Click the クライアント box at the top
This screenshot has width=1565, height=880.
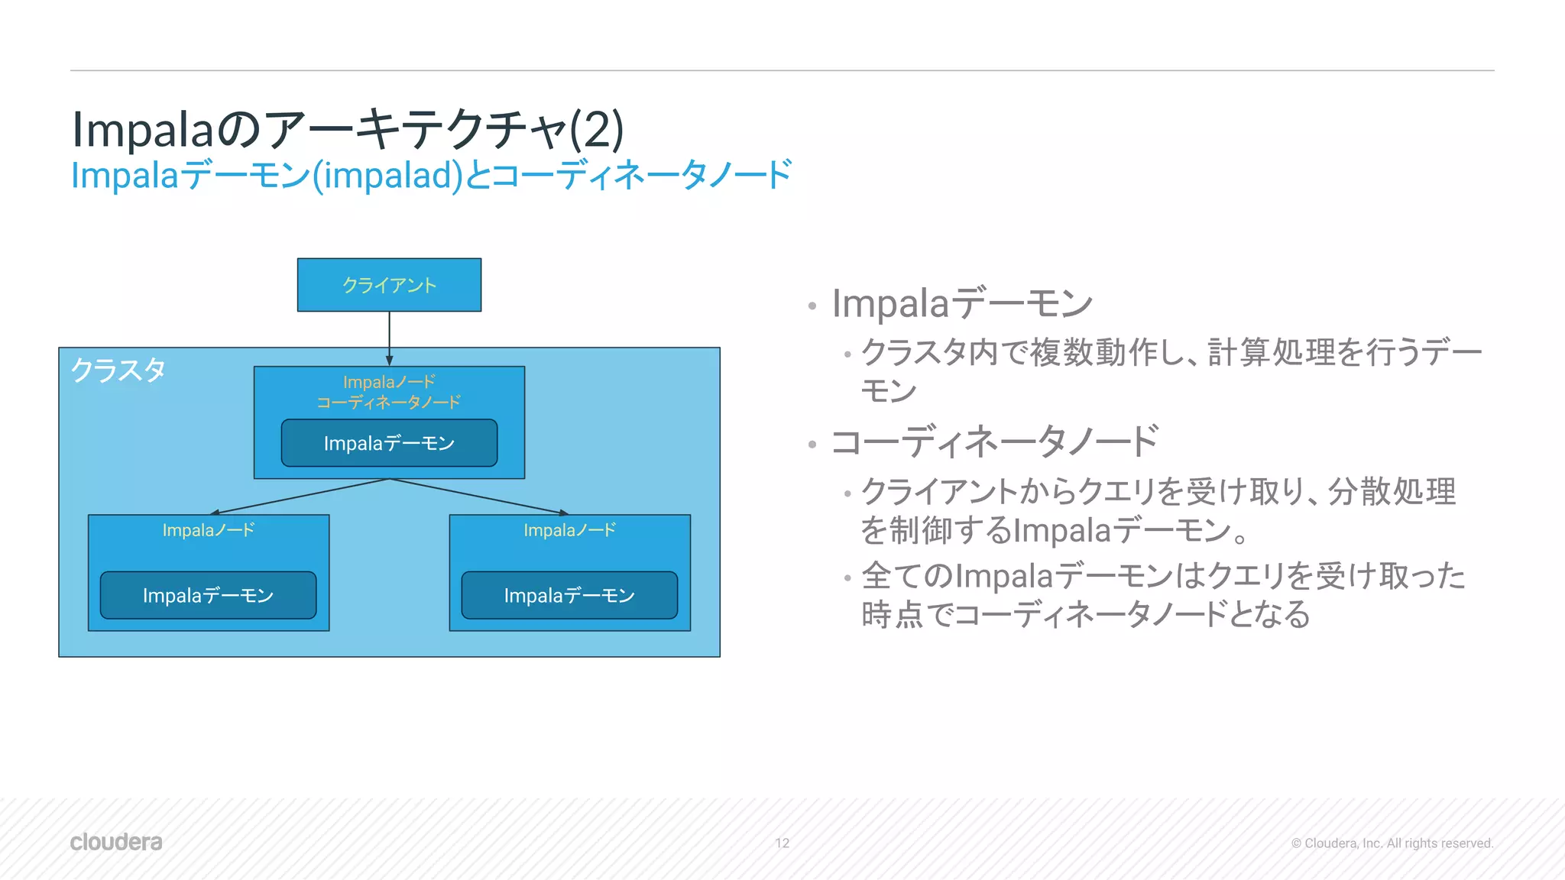(x=389, y=285)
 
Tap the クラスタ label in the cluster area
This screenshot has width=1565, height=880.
(x=118, y=370)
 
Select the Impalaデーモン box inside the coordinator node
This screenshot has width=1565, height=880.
(x=389, y=443)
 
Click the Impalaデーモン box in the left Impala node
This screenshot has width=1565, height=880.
(x=208, y=595)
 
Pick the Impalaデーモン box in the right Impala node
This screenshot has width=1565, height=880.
(x=569, y=595)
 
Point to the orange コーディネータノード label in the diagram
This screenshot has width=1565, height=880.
(x=389, y=402)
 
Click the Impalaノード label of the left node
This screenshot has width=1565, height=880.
(x=208, y=530)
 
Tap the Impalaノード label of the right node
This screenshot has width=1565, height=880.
(x=569, y=530)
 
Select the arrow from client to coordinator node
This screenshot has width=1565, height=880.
(x=389, y=336)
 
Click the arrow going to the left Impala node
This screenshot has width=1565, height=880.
(x=298, y=497)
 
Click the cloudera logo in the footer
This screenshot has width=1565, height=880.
(x=116, y=842)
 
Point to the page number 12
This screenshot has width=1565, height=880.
(x=782, y=843)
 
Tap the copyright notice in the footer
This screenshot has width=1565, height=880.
(x=1392, y=843)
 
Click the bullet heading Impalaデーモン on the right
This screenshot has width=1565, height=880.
(x=962, y=303)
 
